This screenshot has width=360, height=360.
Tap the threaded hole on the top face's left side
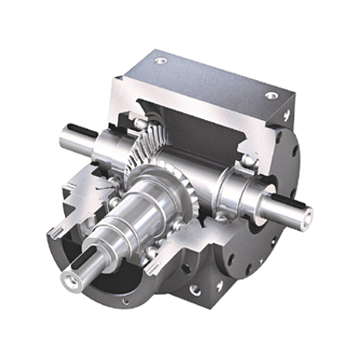coord(163,61)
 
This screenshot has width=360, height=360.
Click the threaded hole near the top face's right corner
coord(271,95)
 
